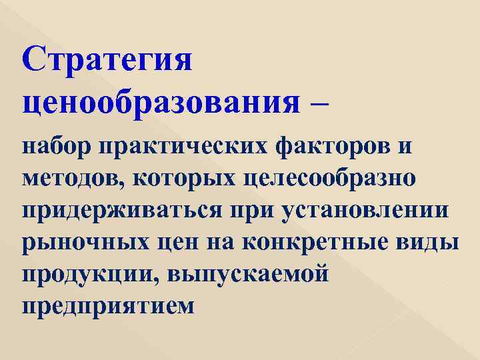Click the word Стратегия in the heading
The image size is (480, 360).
coord(107,62)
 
